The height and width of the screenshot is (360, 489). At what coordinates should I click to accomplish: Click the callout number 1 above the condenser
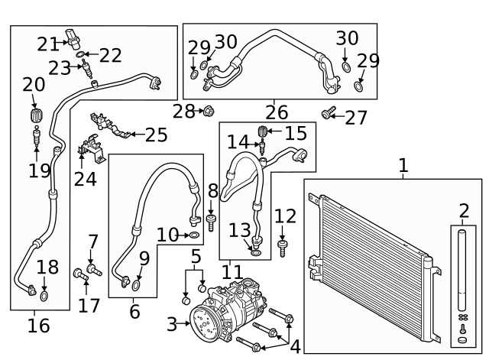tap(403, 164)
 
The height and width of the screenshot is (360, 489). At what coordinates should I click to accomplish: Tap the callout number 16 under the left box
tap(38, 326)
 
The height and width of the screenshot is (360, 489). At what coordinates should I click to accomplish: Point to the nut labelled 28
tap(209, 112)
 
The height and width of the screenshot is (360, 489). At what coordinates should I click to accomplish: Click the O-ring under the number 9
tap(135, 286)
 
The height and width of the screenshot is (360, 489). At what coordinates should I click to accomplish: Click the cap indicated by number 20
tap(34, 116)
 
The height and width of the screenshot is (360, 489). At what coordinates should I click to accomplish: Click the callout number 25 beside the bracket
tap(157, 135)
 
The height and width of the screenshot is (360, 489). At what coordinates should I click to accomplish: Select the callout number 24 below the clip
tap(86, 179)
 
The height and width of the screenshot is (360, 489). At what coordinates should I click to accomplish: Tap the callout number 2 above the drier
tap(464, 211)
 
